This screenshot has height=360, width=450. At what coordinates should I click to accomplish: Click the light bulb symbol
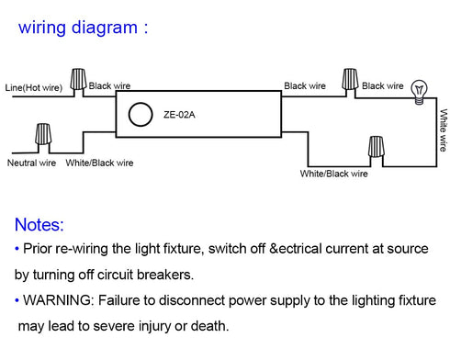point(419,92)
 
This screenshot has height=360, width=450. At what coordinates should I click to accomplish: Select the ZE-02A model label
point(179,115)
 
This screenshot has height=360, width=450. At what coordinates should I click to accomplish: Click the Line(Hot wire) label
point(34,87)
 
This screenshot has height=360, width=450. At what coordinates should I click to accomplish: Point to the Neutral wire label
point(31,163)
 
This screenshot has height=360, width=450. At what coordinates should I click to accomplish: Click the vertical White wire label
point(444,130)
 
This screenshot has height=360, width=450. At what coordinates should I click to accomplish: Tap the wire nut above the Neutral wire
point(43,134)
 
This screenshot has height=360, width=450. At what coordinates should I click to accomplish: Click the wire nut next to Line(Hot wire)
point(78,79)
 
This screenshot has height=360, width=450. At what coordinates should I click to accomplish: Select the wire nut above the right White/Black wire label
point(376,147)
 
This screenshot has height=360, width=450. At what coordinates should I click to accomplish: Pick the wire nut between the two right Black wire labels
point(350,79)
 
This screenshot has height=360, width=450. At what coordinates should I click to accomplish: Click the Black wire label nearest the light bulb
point(383,85)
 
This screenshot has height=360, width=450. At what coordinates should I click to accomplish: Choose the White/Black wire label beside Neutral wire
point(99,163)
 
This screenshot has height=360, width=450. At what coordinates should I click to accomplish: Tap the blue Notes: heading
point(39,225)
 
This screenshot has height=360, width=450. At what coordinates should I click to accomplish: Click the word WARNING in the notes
point(57,300)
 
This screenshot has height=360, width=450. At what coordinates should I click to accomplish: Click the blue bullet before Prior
point(17,248)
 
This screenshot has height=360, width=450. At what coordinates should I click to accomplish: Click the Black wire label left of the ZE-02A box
point(109,85)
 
